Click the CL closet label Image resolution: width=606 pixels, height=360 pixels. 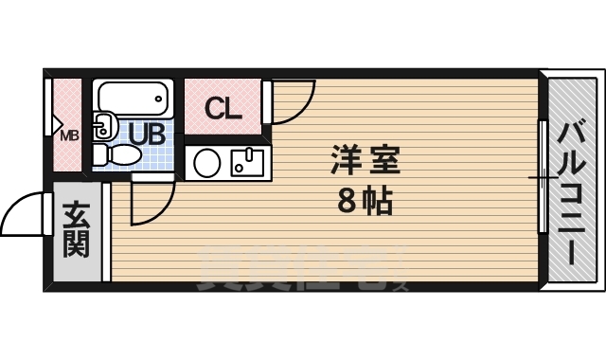[224, 109]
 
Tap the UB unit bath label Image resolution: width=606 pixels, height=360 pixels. [147, 134]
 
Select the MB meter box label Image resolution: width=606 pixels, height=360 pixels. [70, 135]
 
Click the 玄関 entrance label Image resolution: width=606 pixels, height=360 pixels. [77, 231]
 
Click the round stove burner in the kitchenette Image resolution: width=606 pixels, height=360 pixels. [206, 164]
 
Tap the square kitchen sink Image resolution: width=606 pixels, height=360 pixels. [248, 163]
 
